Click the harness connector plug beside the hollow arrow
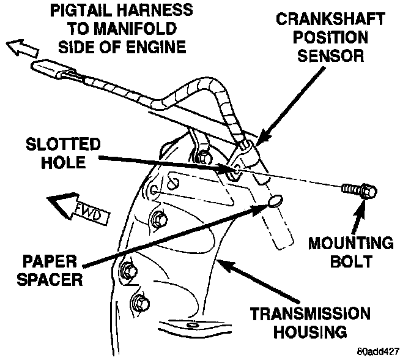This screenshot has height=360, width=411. pyautogui.click(x=57, y=72)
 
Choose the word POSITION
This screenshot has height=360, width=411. pyautogui.click(x=333, y=37)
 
